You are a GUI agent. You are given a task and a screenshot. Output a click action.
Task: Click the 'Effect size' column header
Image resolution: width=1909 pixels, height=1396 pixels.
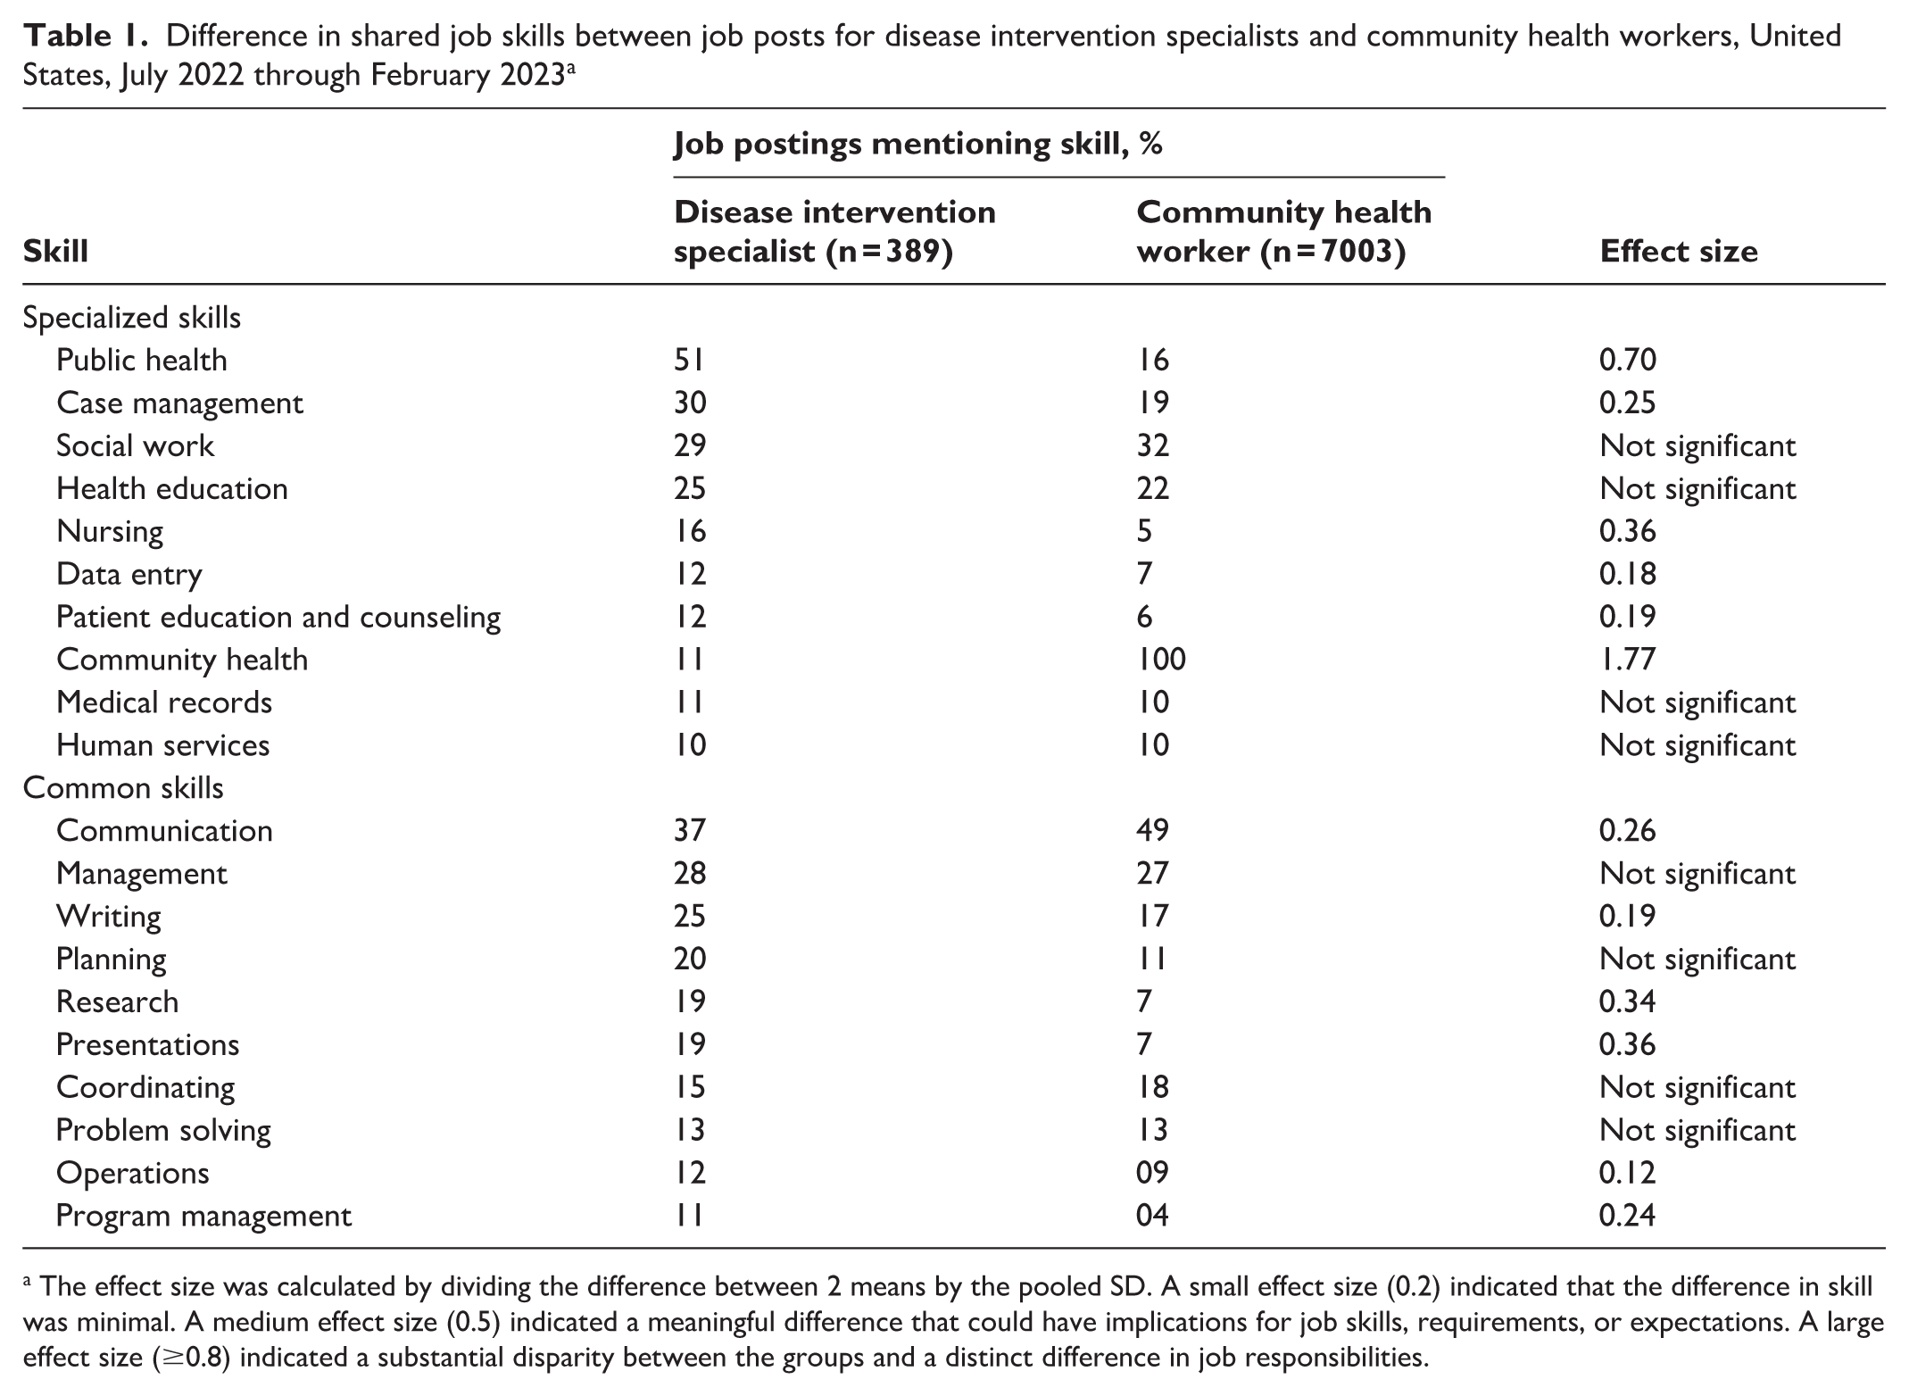(x=1679, y=252)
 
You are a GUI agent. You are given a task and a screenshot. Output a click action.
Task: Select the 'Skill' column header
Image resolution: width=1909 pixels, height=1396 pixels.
(x=55, y=252)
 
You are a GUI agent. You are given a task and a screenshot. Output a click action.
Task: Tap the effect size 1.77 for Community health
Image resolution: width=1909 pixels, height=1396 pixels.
(x=1628, y=660)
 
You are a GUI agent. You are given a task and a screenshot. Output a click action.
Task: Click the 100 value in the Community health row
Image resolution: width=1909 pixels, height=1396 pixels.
(x=1161, y=660)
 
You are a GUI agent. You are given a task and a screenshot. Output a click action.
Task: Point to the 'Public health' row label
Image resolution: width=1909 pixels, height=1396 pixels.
(x=142, y=361)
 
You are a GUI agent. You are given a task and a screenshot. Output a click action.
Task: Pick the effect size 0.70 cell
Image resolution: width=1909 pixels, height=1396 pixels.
(x=1628, y=361)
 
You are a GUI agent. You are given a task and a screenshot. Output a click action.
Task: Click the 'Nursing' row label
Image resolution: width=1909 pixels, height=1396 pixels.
(x=110, y=532)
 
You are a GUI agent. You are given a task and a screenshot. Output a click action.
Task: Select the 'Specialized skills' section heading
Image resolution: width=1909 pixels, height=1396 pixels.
(x=131, y=319)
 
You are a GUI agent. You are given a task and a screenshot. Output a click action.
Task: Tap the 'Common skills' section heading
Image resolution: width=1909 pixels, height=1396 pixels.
(x=123, y=788)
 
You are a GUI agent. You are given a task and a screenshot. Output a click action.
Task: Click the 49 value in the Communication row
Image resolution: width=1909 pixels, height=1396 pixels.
(x=1152, y=831)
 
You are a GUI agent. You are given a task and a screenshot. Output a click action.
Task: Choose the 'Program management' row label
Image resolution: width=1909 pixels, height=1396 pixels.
(x=204, y=1217)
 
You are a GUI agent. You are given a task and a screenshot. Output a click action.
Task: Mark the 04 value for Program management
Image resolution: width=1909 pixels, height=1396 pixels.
(x=1152, y=1216)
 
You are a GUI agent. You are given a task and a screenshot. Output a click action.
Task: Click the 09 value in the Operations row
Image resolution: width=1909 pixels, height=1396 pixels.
(x=1152, y=1173)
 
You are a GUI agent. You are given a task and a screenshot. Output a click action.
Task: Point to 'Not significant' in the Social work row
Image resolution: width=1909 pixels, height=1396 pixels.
(x=1697, y=446)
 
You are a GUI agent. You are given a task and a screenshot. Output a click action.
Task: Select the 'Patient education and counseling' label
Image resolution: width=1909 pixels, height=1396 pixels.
(x=278, y=618)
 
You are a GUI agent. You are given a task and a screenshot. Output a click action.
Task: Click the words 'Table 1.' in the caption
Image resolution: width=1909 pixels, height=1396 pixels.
(x=87, y=37)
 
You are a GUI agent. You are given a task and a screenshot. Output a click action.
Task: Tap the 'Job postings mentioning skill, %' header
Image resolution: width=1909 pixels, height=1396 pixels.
(x=918, y=145)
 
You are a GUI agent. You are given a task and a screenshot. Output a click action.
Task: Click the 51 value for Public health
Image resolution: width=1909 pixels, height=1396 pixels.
(x=690, y=361)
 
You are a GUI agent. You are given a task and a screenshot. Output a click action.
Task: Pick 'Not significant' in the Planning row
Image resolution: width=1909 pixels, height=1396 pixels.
(x=1697, y=960)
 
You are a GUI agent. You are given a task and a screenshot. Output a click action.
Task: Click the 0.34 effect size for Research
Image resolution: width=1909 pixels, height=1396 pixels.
(x=1628, y=1001)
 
